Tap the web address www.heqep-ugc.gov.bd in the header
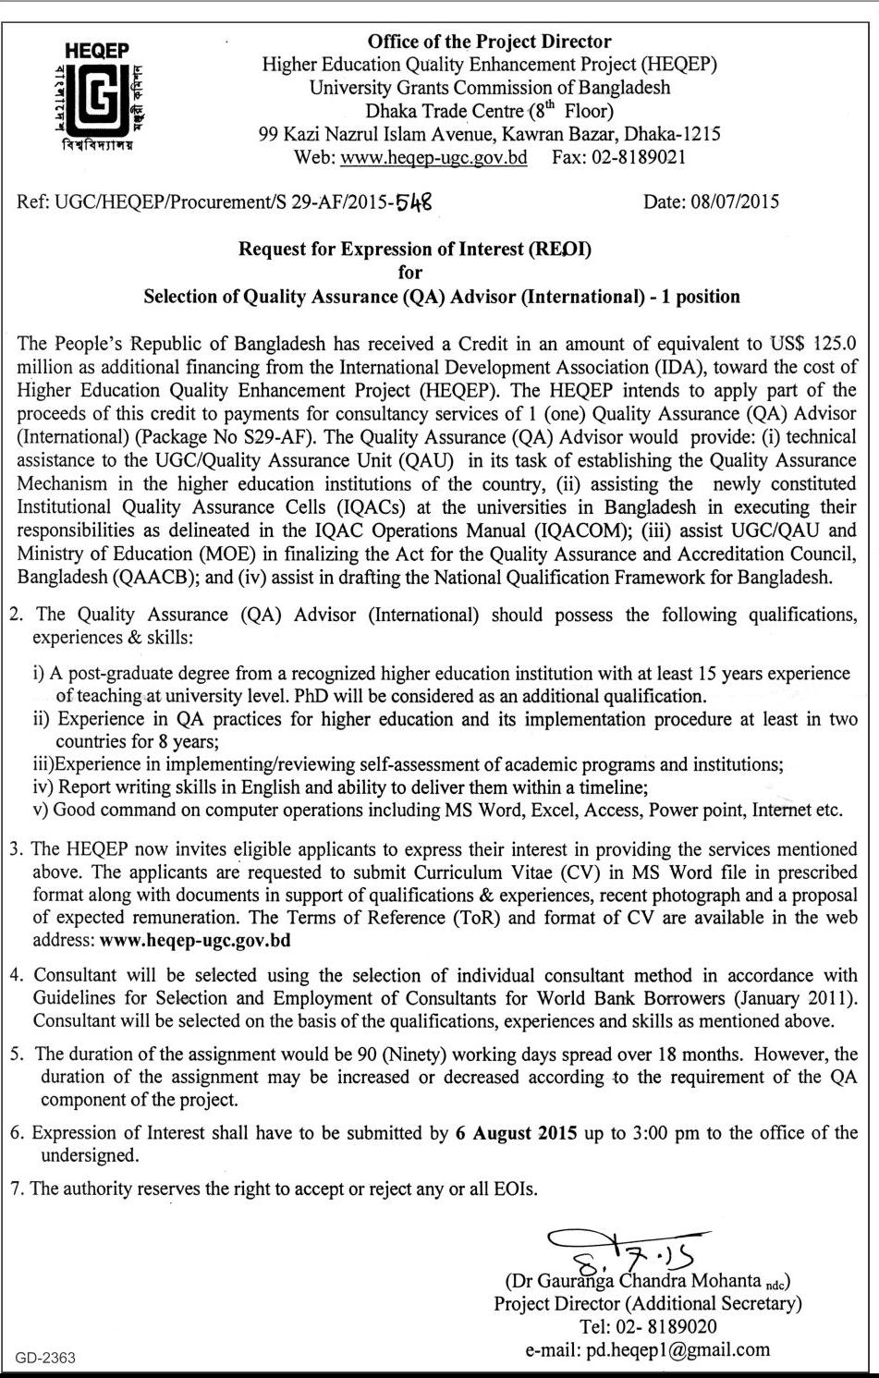[433, 157]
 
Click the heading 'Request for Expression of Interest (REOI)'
[414, 249]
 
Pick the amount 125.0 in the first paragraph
[835, 344]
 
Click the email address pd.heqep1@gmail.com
[678, 1349]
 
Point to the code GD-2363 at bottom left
[45, 1358]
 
